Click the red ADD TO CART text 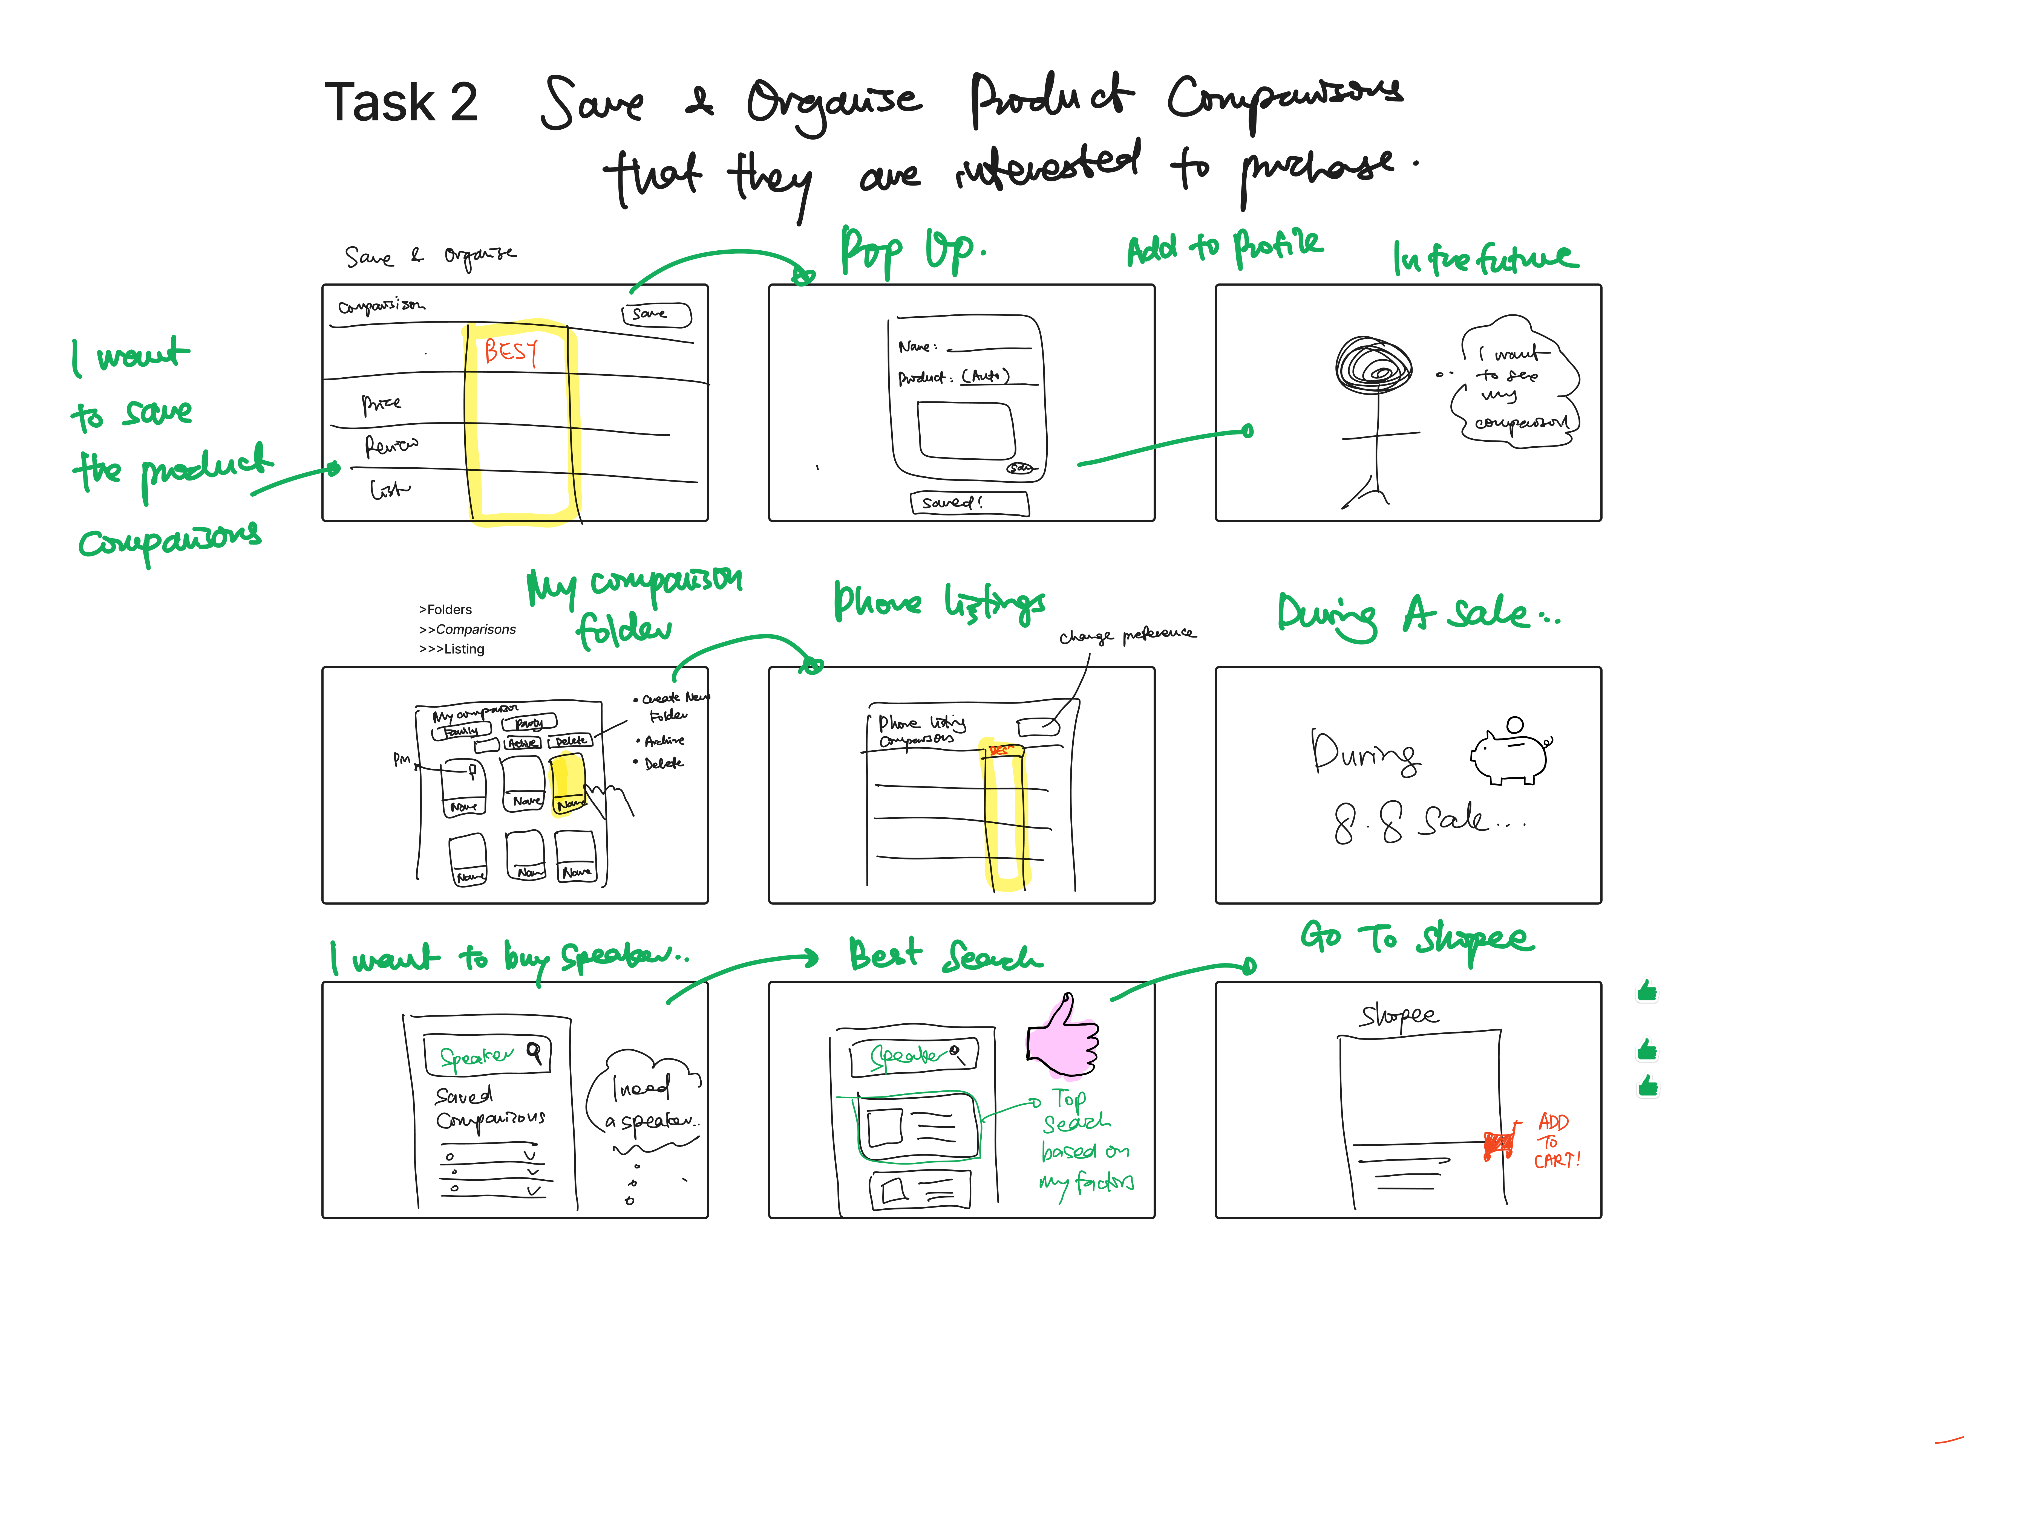tap(1555, 1140)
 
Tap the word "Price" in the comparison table tap(381, 403)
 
